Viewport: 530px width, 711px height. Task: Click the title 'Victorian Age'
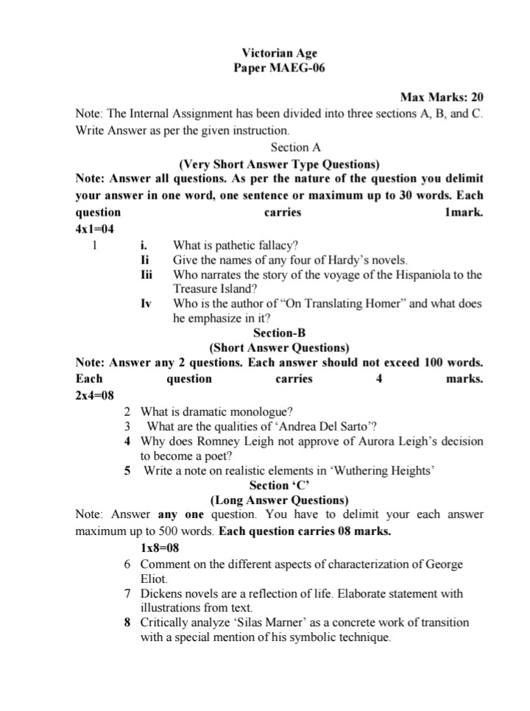coord(279,53)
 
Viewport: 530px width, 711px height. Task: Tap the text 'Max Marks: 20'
coord(441,97)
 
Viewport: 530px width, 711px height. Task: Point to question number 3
coord(127,426)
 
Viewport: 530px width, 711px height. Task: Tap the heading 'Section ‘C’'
coord(279,485)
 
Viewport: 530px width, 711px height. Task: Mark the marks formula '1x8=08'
coord(160,548)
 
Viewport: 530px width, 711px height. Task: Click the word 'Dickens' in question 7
coord(161,593)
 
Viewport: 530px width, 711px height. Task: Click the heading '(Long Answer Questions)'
coord(279,500)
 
